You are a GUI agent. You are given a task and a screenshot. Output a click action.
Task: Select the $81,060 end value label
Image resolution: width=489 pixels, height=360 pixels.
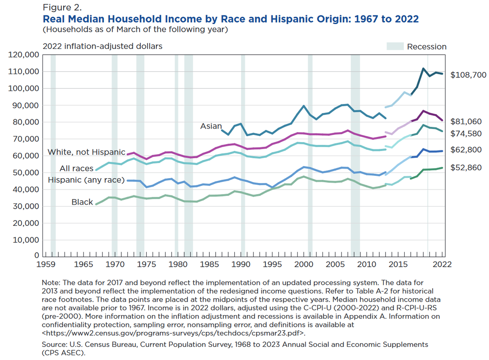[467, 121]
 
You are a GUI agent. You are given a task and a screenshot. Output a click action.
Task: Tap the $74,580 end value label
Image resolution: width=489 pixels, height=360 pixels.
[467, 134]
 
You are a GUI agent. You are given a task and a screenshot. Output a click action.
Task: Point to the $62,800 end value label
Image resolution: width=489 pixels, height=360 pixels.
[467, 150]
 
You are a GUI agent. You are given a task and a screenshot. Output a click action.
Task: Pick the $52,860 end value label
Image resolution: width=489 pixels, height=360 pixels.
[467, 168]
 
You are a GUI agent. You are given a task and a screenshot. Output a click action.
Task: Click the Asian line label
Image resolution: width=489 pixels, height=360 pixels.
[211, 126]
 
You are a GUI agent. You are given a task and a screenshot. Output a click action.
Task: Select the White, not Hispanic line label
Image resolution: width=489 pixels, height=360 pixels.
[86, 152]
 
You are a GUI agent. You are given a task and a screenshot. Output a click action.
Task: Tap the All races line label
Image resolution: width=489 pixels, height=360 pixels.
[77, 168]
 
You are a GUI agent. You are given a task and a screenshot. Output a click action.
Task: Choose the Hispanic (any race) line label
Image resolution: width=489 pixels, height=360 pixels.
[86, 180]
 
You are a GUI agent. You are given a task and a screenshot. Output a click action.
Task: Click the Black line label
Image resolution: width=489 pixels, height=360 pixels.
[83, 202]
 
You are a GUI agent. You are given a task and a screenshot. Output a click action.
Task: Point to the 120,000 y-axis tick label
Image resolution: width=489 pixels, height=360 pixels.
[25, 55]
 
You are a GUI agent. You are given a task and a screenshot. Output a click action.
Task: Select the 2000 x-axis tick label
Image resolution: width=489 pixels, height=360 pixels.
[304, 264]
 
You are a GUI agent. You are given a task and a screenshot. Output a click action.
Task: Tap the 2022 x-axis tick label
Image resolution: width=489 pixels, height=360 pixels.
[442, 264]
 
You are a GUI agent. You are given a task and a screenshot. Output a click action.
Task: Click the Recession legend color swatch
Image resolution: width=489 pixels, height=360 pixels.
[395, 46]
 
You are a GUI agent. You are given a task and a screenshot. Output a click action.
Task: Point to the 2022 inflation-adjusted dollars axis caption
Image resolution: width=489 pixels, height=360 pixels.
[102, 46]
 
